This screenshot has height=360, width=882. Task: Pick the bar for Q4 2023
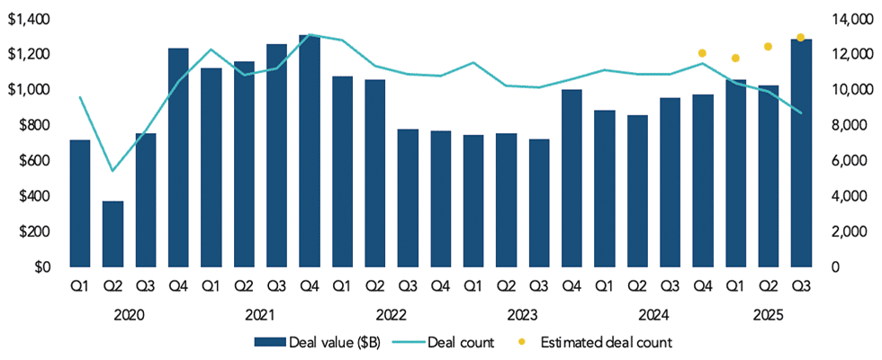pos(571,178)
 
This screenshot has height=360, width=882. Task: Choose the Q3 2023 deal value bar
pos(539,203)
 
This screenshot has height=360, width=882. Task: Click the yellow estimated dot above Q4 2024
pos(702,53)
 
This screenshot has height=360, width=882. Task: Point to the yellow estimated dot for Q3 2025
pos(800,38)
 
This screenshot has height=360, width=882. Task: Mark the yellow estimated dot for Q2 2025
pos(768,47)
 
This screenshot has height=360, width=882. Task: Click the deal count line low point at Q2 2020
pos(112,170)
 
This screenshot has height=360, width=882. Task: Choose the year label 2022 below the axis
pos(391,315)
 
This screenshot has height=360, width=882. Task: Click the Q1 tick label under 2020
pos(80,289)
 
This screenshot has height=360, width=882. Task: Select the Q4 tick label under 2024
pos(702,289)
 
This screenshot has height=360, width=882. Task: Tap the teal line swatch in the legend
pos(408,342)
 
